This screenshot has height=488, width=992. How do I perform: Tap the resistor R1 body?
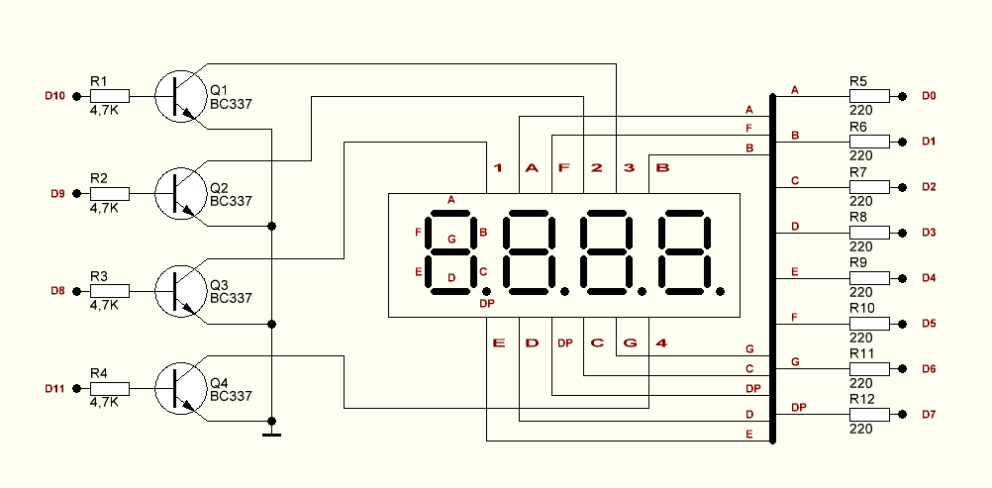coord(109,96)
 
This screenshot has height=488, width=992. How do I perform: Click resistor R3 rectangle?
coord(109,291)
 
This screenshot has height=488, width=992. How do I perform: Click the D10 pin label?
coord(54,96)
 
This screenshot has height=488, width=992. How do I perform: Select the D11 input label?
coord(54,389)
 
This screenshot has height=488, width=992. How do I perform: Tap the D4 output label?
coord(929,278)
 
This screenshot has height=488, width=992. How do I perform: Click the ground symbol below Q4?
coord(271,433)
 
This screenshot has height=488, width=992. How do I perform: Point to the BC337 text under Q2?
coord(231,201)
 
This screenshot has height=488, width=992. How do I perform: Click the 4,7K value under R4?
coord(104,403)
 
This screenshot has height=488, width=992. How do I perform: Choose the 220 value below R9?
coord(860,292)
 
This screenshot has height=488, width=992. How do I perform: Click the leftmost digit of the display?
coord(451,252)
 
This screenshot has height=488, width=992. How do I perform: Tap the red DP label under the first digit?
coord(486,303)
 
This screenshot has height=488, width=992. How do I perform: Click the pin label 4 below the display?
coord(661,343)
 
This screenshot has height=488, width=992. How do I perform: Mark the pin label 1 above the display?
coord(498,168)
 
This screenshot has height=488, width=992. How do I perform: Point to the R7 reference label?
coord(858,172)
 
